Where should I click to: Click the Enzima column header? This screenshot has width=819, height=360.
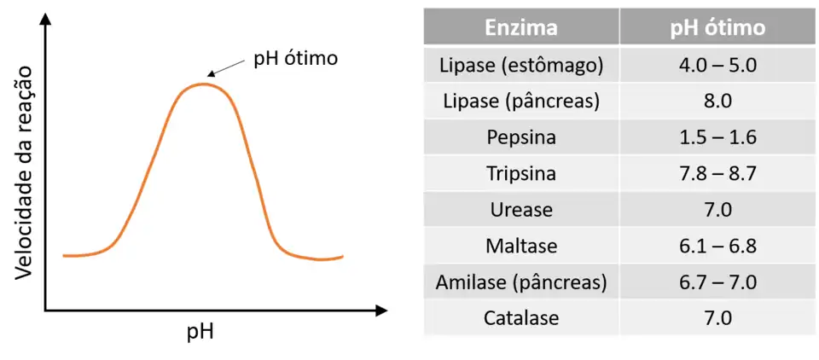click(x=521, y=27)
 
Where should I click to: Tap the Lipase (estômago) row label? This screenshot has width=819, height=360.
click(x=521, y=65)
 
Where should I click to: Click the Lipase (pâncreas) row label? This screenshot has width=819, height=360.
click(x=521, y=101)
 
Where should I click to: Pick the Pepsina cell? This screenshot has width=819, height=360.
click(x=521, y=137)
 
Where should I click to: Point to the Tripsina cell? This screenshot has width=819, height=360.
click(x=521, y=173)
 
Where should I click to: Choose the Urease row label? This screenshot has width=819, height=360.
click(x=521, y=210)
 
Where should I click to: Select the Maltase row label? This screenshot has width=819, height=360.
click(x=521, y=246)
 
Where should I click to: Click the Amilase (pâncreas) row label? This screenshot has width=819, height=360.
click(x=521, y=282)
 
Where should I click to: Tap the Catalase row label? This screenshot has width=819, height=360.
click(x=521, y=318)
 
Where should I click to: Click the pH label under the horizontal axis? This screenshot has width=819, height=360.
click(x=200, y=331)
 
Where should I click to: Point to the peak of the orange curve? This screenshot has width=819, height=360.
click(x=202, y=84)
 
